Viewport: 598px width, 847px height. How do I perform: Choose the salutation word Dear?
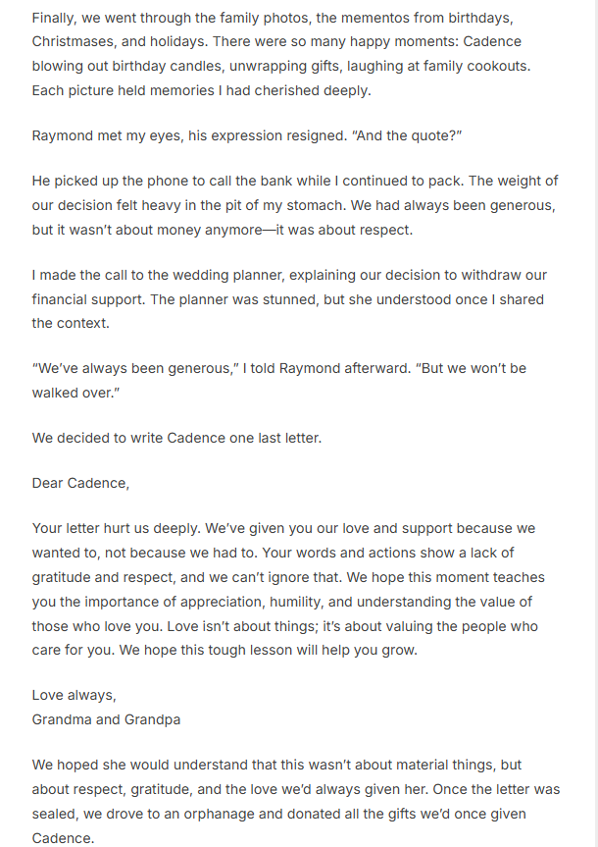point(49,483)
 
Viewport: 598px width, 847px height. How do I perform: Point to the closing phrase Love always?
point(74,696)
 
